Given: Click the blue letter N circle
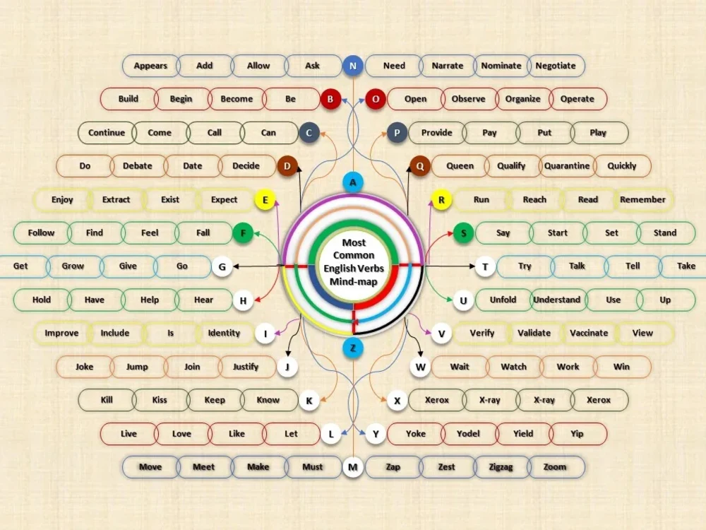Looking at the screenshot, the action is [352, 66].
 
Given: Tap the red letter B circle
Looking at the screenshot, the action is [330, 99].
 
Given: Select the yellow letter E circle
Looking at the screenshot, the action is [265, 200].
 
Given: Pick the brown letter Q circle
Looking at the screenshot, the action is [419, 166].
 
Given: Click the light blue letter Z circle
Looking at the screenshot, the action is [352, 348].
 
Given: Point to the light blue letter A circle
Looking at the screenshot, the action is [352, 182].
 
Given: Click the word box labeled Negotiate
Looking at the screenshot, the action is [556, 66].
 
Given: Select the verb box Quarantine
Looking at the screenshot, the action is [567, 166].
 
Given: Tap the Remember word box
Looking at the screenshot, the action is [642, 200].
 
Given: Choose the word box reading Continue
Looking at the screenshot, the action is [107, 133].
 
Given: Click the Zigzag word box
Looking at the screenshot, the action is [501, 467].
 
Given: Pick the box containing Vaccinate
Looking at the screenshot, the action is [589, 333].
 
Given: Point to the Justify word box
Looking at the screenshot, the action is [246, 367].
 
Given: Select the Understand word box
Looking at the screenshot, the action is [557, 300].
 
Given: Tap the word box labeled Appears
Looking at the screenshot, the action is [150, 66].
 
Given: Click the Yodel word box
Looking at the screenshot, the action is [468, 434].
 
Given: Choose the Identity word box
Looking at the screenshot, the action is [224, 333].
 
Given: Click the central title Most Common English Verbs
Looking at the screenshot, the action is [354, 256].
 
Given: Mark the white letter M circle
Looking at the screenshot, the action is [352, 467].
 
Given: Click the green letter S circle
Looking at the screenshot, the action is [463, 233].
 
